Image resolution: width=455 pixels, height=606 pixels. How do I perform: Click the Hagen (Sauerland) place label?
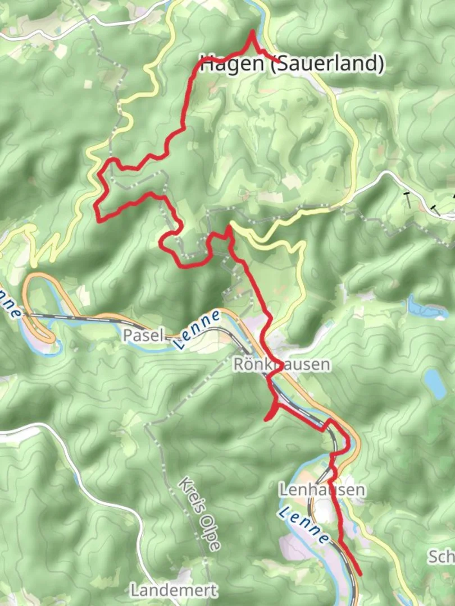[x=292, y=64]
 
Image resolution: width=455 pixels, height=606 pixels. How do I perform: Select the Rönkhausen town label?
[x=281, y=365]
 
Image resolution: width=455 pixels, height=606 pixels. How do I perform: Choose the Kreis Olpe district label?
[x=199, y=513]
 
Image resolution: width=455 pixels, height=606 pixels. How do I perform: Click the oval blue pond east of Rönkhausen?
[x=434, y=383]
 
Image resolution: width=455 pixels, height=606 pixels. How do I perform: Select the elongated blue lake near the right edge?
[x=427, y=308]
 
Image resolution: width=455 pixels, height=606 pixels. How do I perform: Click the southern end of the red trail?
[x=359, y=574]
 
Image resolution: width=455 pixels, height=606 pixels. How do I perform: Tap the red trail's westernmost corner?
[x=98, y=219]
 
